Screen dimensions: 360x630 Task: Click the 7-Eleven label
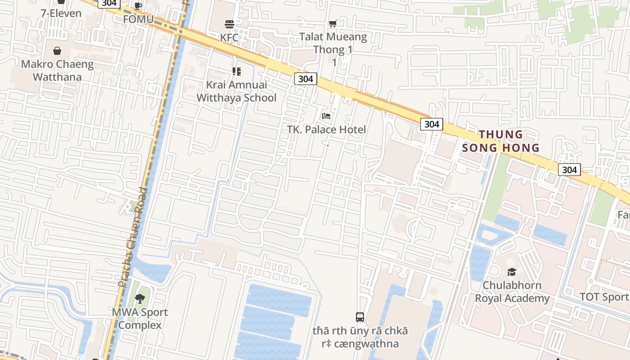pos(61,13)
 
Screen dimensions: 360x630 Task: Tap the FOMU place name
pos(138,19)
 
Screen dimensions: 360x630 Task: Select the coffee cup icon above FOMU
pos(138,6)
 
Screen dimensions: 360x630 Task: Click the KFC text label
pos(229,37)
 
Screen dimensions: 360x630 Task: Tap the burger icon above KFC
pos(229,24)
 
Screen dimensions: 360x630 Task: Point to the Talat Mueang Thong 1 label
pos(333,43)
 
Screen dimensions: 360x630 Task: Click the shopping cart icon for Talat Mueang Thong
pos(333,23)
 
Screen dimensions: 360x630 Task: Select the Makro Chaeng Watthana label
pos(57,70)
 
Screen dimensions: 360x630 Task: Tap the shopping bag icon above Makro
pos(57,51)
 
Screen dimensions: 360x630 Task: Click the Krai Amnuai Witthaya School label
pos(236,91)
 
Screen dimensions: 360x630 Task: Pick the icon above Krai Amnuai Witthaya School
pos(236,72)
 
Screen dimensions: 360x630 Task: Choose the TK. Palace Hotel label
pos(327,130)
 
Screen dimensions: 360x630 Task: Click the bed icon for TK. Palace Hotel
pos(326,116)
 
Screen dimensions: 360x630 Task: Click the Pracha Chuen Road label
pos(132,238)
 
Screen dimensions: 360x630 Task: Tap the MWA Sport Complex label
pos(140,318)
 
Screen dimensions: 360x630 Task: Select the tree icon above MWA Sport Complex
pos(140,298)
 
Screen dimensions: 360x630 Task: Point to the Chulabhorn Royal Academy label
pos(512,292)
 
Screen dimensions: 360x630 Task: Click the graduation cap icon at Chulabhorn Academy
pos(512,272)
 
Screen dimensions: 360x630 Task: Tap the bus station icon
pos(360,317)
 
